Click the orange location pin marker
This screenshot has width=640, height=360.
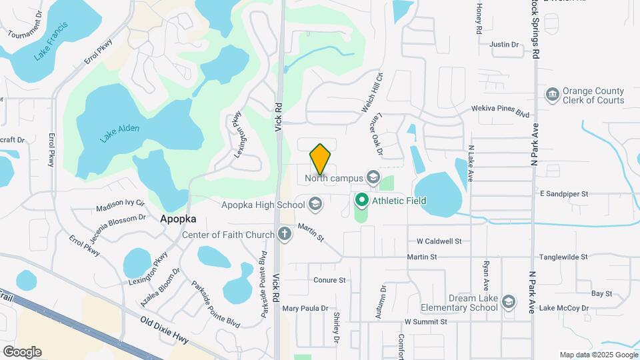coord(320,159)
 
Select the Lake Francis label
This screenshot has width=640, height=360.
coord(51,41)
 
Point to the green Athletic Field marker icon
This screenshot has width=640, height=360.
coord(362,200)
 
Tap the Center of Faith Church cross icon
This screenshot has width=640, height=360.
coord(285,234)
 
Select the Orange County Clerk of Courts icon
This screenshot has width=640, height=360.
coord(552,95)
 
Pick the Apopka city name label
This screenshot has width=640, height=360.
coord(177,219)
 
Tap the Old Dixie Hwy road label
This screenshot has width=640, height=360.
coord(165,331)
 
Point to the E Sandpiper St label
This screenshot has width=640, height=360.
coord(564,194)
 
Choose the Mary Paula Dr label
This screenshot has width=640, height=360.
coord(305,309)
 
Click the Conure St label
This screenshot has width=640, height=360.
coord(330,281)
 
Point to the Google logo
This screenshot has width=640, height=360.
coord(23,352)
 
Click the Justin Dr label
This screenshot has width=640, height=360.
coord(504,45)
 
